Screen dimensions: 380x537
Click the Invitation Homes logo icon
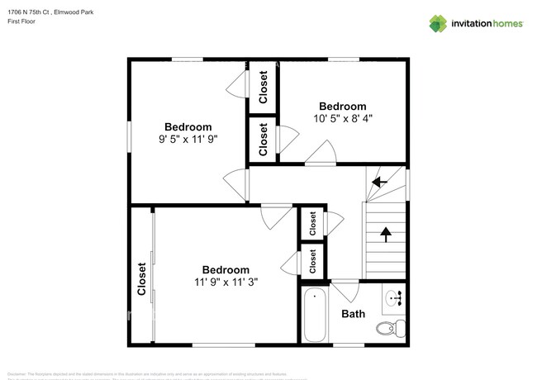tap(438, 23)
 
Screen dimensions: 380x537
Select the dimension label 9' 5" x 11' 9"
tap(188, 139)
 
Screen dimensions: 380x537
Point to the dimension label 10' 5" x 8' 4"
tap(343, 118)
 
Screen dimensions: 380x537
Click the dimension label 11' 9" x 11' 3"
tap(226, 282)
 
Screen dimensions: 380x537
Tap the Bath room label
tap(354, 314)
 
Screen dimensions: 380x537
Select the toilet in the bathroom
tap(389, 328)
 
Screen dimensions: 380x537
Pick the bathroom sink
tap(394, 297)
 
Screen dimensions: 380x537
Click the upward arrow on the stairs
tap(385, 235)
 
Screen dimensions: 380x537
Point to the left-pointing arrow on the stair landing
tap(379, 182)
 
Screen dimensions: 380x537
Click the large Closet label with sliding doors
tap(141, 278)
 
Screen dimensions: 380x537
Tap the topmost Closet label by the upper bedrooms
tap(264, 87)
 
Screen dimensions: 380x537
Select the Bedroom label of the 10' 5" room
tap(343, 106)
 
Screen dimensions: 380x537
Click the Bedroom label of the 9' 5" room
tap(188, 126)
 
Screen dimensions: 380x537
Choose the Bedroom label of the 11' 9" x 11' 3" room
tap(226, 269)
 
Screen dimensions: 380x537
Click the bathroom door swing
tap(345, 292)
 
